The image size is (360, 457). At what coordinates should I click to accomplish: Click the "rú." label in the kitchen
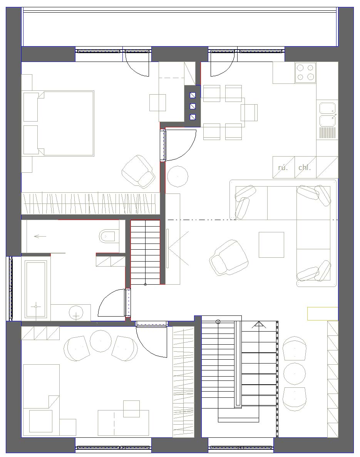tap(283, 168)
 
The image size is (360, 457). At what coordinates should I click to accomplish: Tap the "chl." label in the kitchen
tap(304, 167)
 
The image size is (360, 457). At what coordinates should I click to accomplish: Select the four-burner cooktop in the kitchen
tap(305, 73)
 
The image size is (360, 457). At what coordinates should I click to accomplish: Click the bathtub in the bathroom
tap(36, 289)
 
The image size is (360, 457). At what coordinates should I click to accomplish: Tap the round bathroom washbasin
tap(76, 313)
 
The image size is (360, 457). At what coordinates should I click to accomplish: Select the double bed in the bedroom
tap(59, 123)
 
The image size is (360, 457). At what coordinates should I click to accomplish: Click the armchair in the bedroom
tap(138, 172)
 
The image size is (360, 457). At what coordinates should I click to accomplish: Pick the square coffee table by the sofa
tap(271, 245)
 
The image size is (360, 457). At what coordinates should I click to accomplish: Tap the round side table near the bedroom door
tap(177, 176)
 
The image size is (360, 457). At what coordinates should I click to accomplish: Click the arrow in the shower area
tap(40, 236)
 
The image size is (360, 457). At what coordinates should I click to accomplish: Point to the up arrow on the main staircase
tap(258, 324)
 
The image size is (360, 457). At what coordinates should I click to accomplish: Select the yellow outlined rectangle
tap(323, 314)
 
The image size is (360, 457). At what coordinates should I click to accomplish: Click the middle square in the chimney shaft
tap(193, 106)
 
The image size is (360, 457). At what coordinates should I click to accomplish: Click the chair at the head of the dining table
tap(249, 112)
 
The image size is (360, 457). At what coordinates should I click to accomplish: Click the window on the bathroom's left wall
tap(11, 289)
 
